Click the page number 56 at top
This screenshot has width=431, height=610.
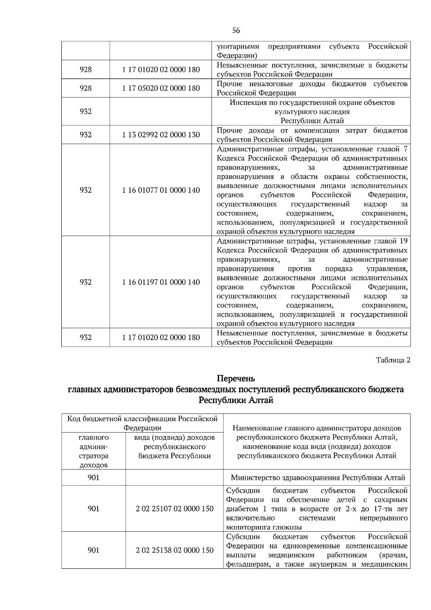click(236, 31)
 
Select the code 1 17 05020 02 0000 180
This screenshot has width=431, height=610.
click(161, 88)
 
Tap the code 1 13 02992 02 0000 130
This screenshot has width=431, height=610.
click(161, 135)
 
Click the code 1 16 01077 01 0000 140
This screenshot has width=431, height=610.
click(161, 190)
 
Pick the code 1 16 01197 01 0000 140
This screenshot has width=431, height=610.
click(161, 282)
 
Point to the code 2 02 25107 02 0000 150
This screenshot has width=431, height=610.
click(175, 509)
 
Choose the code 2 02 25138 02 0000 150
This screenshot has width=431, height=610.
click(175, 550)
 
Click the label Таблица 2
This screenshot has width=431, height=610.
click(393, 360)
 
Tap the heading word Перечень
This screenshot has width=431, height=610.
click(236, 378)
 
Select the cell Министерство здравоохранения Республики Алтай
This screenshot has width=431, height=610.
click(318, 478)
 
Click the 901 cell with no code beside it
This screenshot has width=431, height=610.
click(93, 478)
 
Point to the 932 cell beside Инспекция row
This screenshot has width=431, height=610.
click(85, 112)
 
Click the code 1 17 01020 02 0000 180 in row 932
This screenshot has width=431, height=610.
click(161, 337)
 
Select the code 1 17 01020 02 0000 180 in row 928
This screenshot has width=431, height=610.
click(161, 70)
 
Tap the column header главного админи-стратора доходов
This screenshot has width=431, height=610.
click(93, 451)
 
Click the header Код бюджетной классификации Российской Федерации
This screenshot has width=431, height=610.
click(143, 423)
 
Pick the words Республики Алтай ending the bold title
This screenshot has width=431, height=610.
click(236, 400)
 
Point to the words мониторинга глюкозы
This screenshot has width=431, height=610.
click(264, 527)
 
